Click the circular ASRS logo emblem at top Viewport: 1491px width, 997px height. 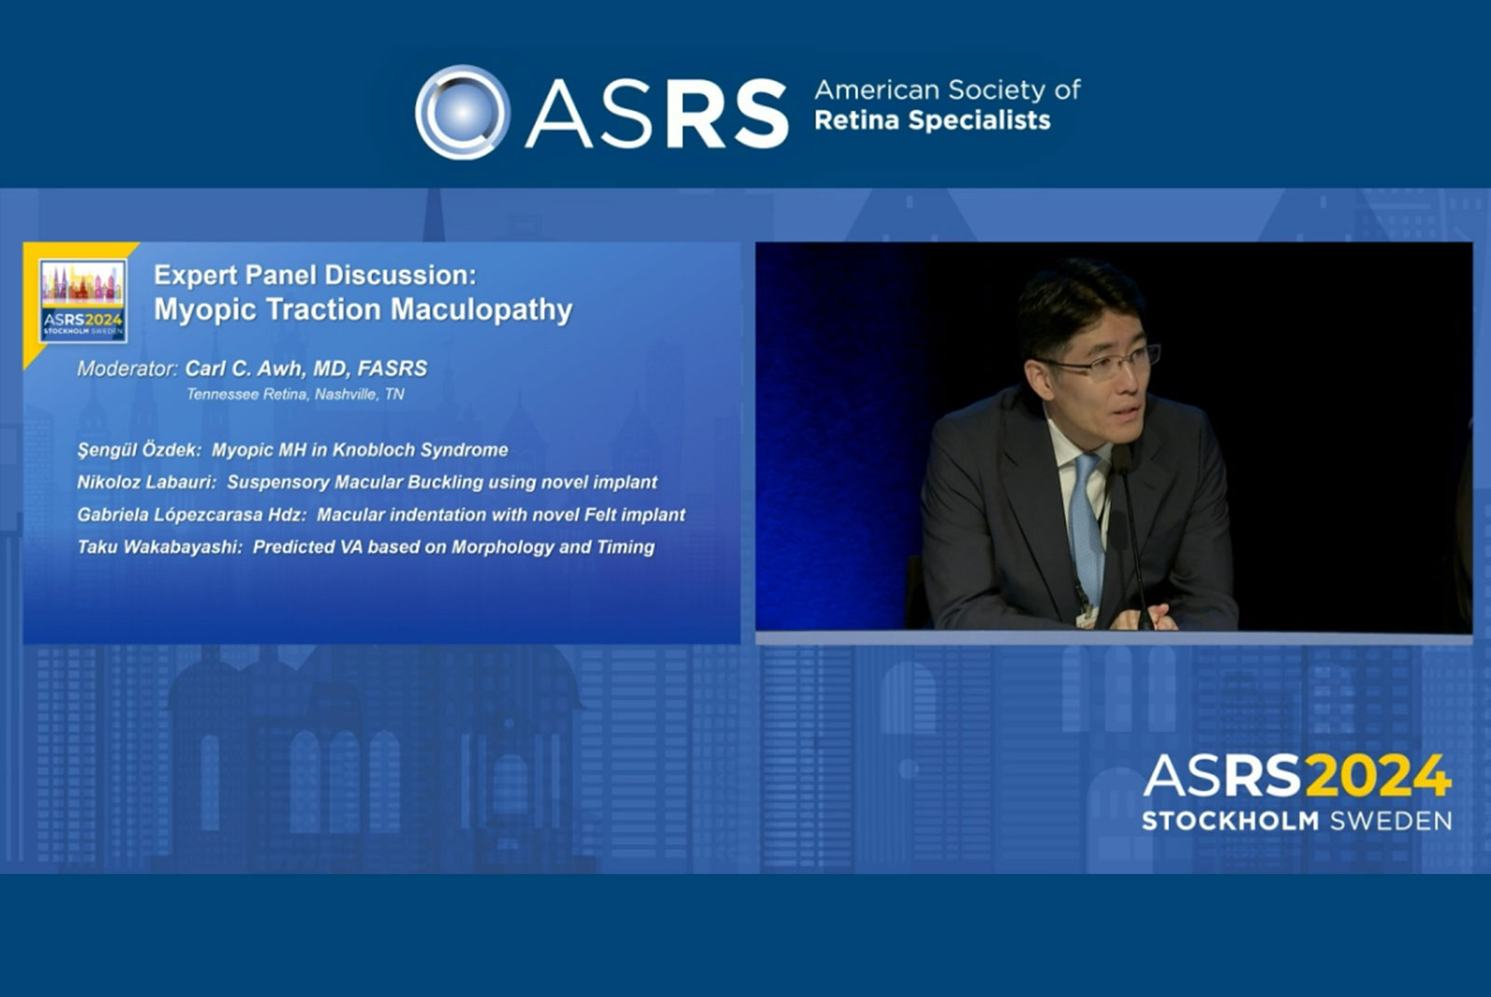[x=462, y=112]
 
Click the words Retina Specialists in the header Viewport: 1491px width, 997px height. [x=932, y=120]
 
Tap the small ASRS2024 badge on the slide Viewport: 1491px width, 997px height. [x=83, y=301]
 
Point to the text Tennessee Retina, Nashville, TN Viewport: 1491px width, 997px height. [x=294, y=395]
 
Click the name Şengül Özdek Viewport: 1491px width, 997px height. [x=139, y=451]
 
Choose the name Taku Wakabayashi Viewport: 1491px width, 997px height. [x=159, y=547]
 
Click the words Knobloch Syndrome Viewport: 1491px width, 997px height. [x=420, y=450]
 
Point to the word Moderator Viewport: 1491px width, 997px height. [x=127, y=369]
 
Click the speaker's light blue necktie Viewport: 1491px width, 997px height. [x=1087, y=526]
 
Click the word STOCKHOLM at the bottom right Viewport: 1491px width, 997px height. [x=1230, y=821]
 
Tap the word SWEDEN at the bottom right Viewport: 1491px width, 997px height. [x=1391, y=821]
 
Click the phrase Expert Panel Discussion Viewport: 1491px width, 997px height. [x=316, y=275]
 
